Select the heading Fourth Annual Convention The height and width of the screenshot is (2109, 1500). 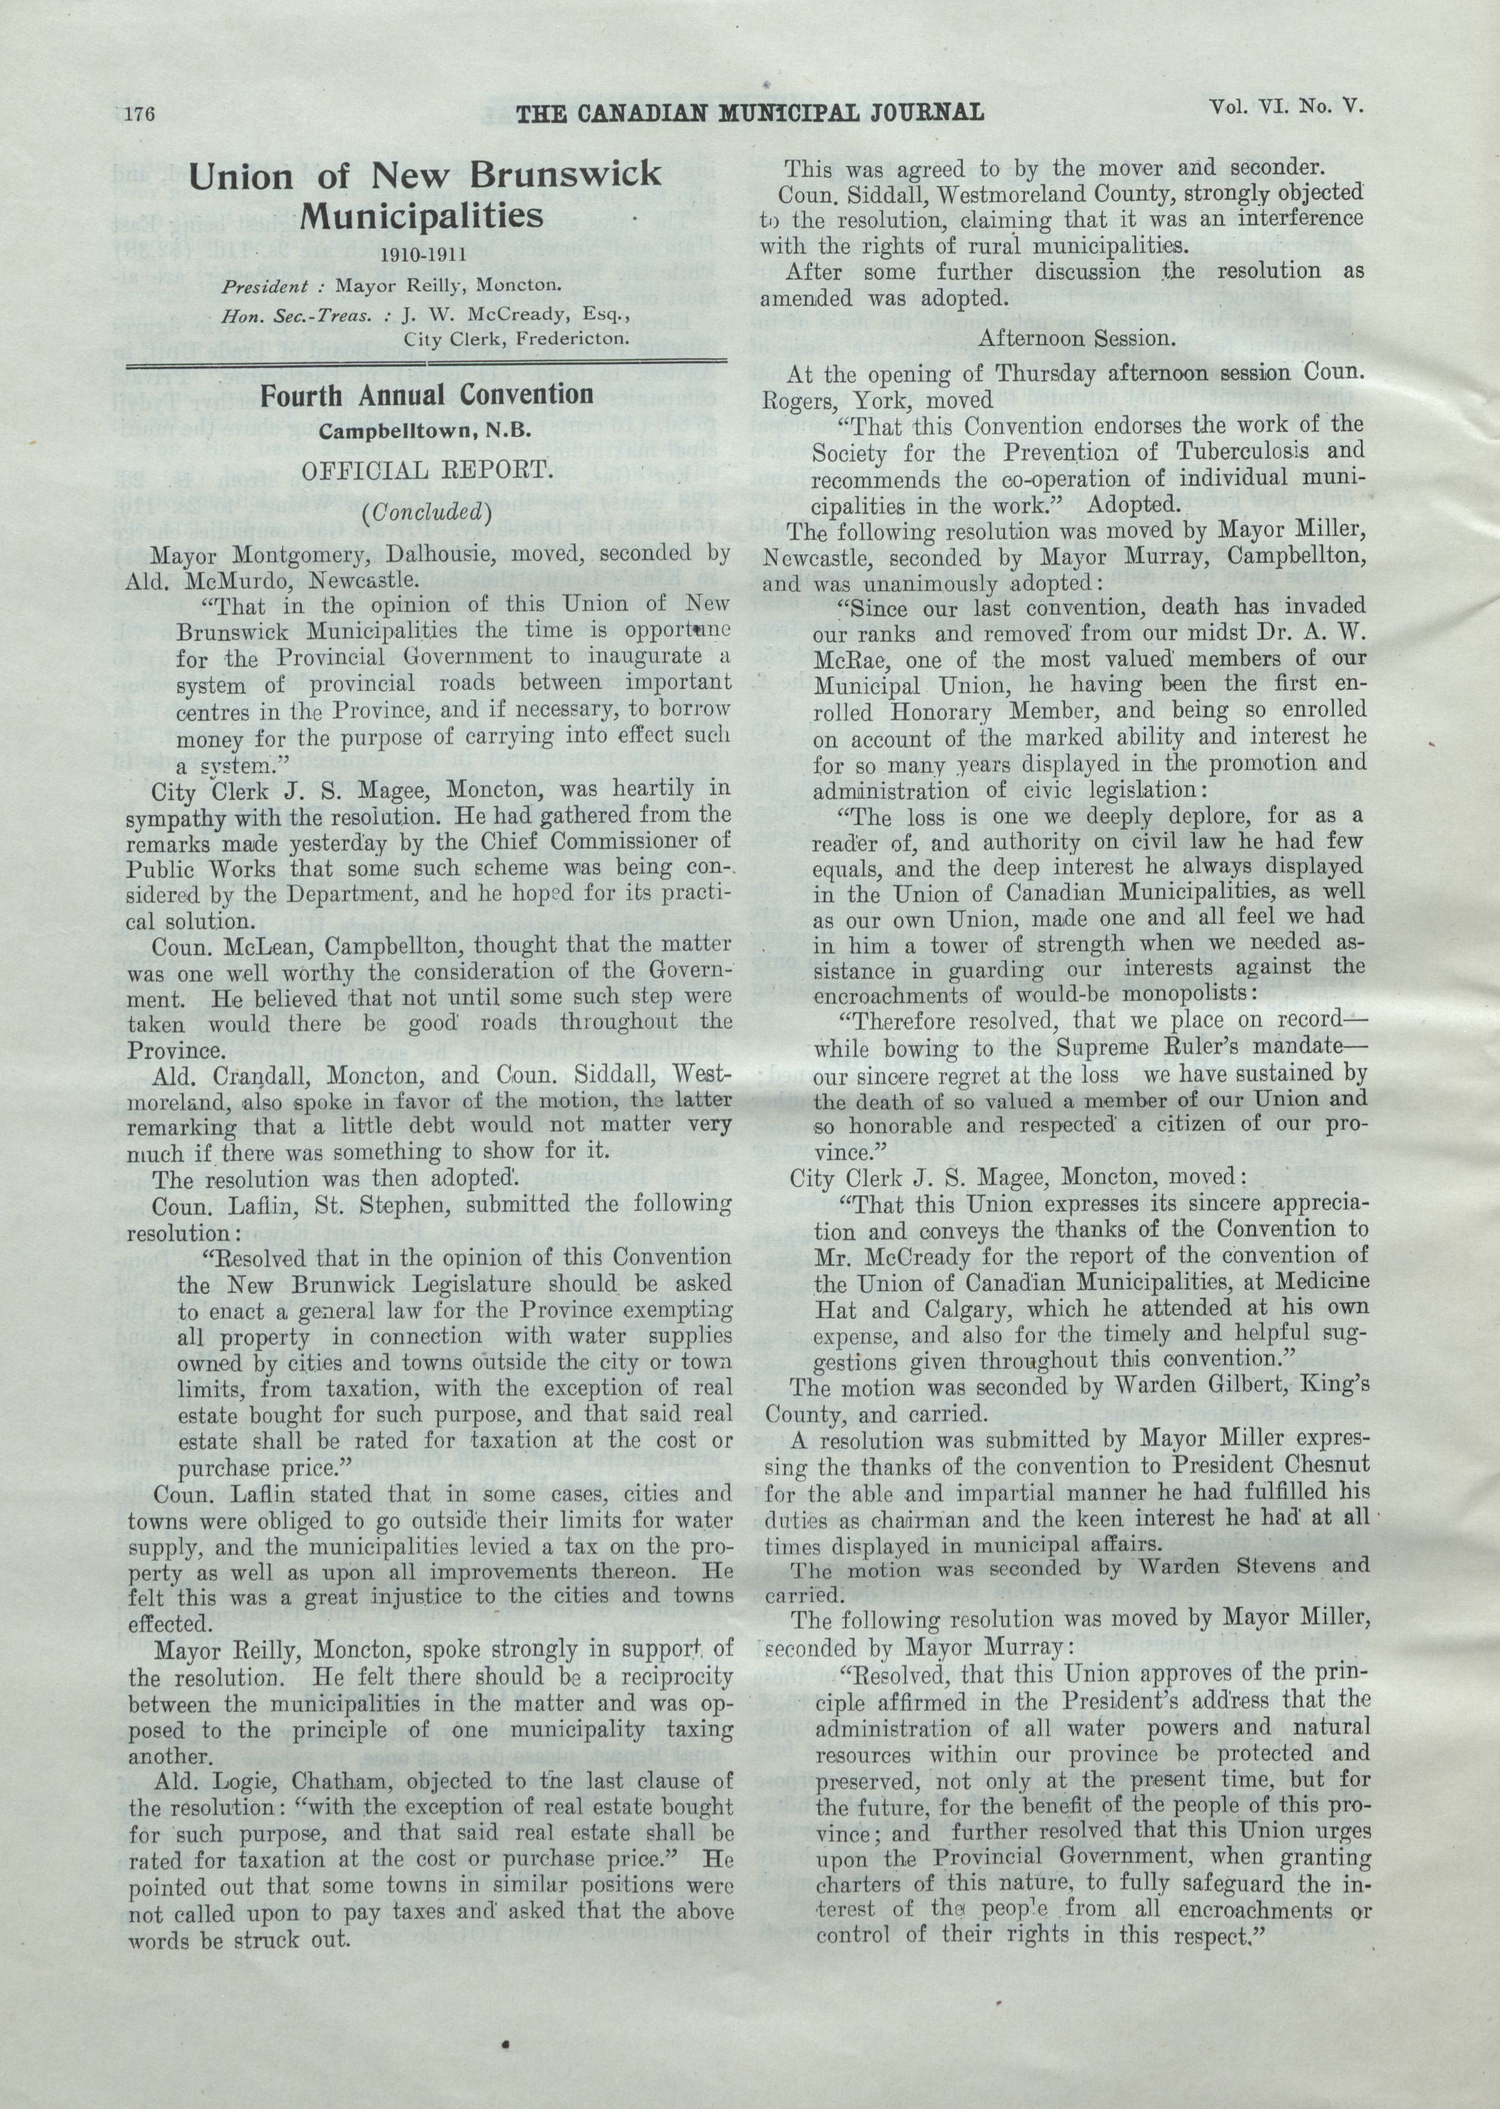pos(426,395)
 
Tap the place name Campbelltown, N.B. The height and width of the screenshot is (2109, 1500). pos(426,431)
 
